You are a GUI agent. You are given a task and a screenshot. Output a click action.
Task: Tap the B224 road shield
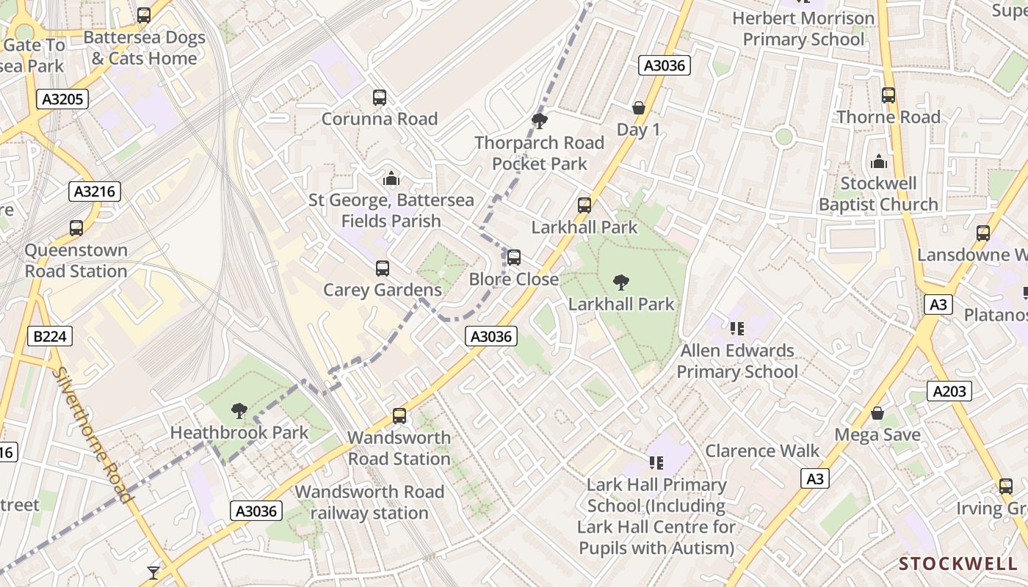50,337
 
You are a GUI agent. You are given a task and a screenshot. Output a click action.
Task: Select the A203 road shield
949,392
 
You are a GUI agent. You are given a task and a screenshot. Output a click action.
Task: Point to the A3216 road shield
95,192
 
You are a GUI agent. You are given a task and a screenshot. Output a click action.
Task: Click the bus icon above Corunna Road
380,97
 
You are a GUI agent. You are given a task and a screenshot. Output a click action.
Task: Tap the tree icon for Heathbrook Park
239,411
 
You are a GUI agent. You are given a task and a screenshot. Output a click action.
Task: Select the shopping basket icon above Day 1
638,108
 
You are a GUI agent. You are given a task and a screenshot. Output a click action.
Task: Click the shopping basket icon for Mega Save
877,413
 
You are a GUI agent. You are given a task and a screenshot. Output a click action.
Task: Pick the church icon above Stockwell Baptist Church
878,161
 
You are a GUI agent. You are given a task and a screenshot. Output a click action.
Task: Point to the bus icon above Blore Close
514,258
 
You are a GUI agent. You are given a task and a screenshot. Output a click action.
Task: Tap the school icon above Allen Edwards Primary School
736,328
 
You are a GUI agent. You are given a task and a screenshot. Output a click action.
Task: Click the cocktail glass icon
153,572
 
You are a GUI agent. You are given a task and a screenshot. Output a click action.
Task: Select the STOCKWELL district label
958,564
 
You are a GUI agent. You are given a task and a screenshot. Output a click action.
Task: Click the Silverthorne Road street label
93,434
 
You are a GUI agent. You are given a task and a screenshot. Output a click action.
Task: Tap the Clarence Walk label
762,451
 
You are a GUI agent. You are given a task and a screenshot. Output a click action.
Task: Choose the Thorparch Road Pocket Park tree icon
540,121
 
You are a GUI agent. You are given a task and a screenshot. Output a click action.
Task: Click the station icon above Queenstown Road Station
76,228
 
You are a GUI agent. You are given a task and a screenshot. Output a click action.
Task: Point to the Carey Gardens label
383,290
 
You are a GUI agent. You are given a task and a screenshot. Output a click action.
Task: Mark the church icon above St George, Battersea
391,178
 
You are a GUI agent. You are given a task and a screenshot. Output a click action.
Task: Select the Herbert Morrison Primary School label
803,28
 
